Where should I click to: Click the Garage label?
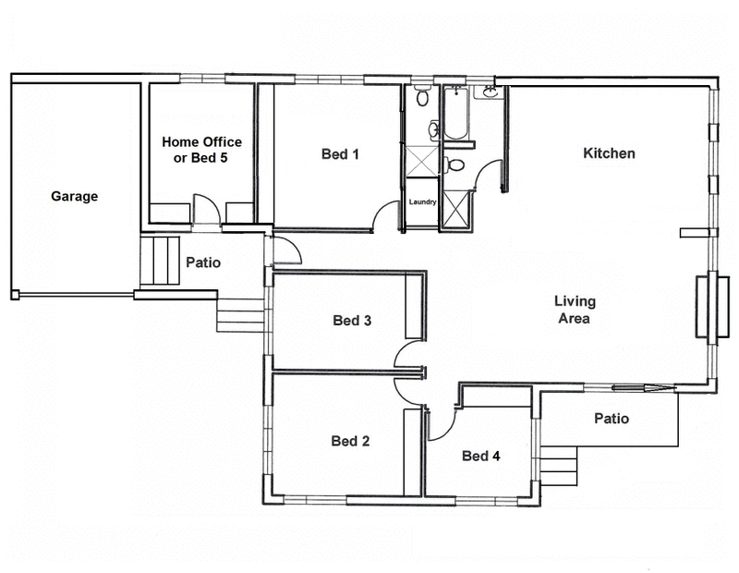pyautogui.click(x=74, y=197)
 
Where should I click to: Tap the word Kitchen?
pyautogui.click(x=609, y=153)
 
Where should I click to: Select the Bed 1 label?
pyautogui.click(x=340, y=154)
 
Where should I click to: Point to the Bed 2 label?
pyautogui.click(x=350, y=441)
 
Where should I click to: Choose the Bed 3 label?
pyautogui.click(x=352, y=321)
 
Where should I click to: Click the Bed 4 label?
pyautogui.click(x=481, y=456)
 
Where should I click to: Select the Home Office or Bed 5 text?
pyautogui.click(x=201, y=150)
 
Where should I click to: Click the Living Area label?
pyautogui.click(x=575, y=310)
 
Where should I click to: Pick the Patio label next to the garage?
pyautogui.click(x=203, y=262)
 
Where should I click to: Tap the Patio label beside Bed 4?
pyautogui.click(x=612, y=419)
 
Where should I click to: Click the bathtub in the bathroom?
pyautogui.click(x=456, y=114)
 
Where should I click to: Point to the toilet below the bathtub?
pyautogui.click(x=454, y=166)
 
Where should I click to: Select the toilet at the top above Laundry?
pyautogui.click(x=421, y=96)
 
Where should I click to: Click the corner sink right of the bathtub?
pyautogui.click(x=489, y=93)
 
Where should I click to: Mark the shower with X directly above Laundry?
pyautogui.click(x=421, y=159)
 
